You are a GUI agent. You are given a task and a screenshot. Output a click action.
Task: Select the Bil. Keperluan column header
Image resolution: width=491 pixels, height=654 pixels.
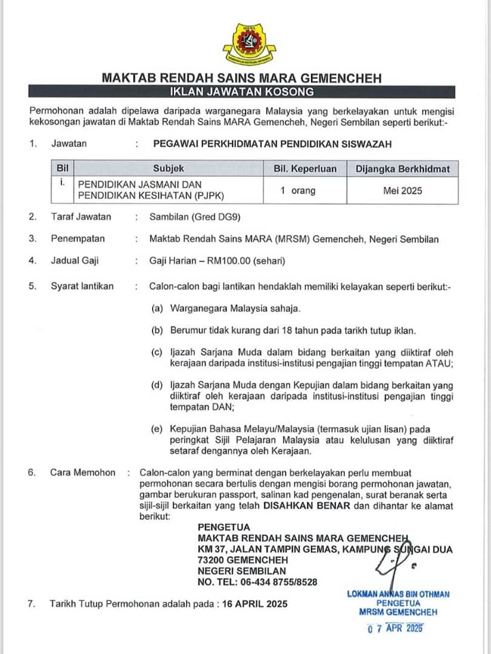click(305, 168)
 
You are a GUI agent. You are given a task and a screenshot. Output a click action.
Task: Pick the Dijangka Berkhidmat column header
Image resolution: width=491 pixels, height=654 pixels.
click(402, 168)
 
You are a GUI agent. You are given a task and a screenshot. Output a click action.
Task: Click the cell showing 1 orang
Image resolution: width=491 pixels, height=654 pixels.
click(298, 191)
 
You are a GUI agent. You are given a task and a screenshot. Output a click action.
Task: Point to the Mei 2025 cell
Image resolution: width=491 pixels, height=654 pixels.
click(402, 191)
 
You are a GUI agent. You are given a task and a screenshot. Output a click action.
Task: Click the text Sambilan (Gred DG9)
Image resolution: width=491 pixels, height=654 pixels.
click(195, 217)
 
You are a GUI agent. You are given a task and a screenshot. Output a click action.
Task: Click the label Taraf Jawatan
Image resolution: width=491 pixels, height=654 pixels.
click(80, 217)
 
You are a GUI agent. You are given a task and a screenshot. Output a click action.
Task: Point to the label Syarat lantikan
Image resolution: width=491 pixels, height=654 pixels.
click(83, 286)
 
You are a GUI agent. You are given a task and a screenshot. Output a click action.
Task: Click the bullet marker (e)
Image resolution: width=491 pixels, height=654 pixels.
click(157, 428)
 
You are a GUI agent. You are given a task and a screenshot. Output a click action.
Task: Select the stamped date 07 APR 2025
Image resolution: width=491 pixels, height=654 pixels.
click(395, 629)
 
